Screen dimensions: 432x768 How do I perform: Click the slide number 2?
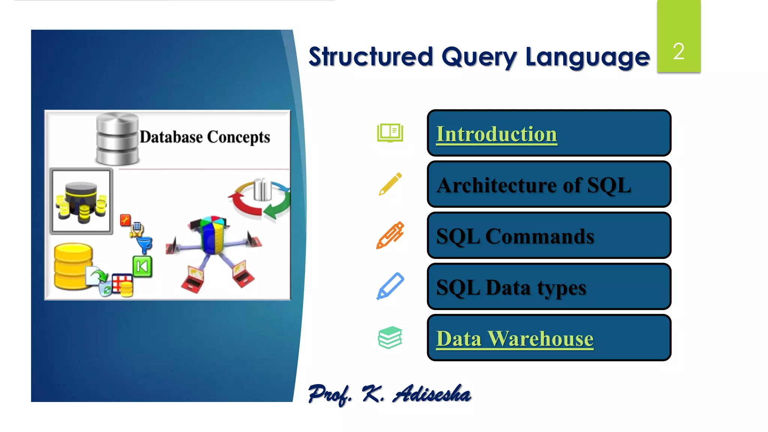coord(678,51)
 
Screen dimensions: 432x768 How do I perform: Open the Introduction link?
coord(496,134)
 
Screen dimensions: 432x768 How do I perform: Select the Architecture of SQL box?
coord(549,184)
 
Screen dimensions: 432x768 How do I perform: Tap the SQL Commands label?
coord(515,236)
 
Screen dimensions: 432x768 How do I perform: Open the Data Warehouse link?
coord(514,339)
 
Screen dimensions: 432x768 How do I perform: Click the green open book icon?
coord(390,133)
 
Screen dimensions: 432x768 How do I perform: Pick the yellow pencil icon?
coord(390,184)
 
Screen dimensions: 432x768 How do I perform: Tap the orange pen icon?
coord(390,235)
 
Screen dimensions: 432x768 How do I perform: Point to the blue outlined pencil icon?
coord(390,286)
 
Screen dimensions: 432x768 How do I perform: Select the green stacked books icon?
coord(390,337)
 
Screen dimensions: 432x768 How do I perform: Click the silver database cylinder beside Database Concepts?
coord(117,139)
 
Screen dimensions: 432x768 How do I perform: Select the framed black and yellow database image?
coord(81,201)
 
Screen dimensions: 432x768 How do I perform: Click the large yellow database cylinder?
coord(73,266)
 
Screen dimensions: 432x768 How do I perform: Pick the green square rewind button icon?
coord(142,267)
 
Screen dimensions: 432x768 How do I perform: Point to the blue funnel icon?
coord(145,244)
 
